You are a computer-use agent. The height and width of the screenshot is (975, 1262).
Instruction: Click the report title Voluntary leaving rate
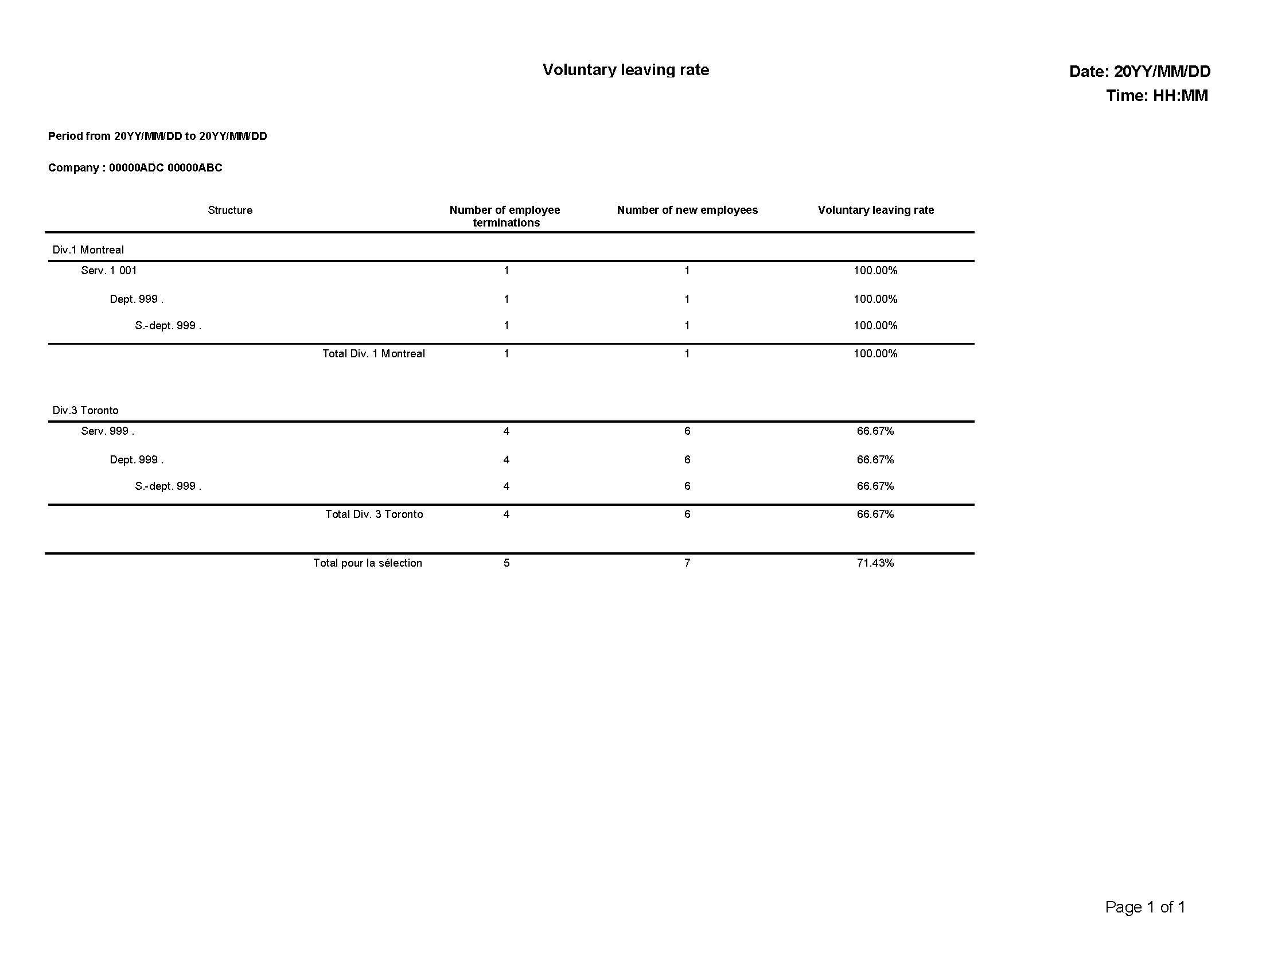coord(625,70)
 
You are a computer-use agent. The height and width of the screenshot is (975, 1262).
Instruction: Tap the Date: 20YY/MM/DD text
coord(1139,72)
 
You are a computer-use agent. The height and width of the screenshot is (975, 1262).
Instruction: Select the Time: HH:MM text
coord(1156,96)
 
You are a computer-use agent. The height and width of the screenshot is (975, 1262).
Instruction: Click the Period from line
coord(157,136)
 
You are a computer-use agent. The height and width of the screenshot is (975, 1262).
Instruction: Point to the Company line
coord(135,168)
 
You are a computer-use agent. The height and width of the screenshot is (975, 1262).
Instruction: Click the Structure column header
coord(230,210)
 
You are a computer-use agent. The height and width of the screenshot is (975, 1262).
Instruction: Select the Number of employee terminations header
coord(505,216)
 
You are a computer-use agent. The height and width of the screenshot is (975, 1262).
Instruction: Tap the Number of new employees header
coord(687,210)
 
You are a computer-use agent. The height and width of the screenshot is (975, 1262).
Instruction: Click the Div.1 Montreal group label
coord(88,250)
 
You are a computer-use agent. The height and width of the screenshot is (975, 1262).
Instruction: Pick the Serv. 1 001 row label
coord(108,271)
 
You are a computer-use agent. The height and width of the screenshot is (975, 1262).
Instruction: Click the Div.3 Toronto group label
coord(85,411)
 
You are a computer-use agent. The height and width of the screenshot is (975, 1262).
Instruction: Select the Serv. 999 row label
coord(107,431)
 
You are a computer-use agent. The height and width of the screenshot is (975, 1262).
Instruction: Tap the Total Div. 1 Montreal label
coord(373,354)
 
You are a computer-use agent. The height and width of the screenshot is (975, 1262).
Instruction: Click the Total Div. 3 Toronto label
coord(374,514)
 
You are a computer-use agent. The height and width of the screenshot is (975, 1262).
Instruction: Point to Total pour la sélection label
coord(368,563)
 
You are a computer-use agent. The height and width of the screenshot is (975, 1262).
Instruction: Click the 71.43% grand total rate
coord(875,563)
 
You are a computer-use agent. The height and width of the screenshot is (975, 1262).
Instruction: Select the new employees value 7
coord(687,563)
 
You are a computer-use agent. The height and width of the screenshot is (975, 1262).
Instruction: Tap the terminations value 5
coord(506,563)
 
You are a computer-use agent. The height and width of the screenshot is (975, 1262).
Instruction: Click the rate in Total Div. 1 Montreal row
coord(875,354)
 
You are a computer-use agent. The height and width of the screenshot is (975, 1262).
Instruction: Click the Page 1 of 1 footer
coord(1145,907)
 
